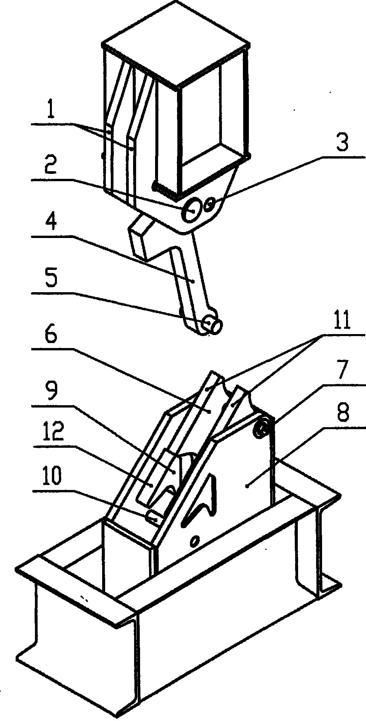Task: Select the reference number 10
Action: [x=51, y=476]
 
